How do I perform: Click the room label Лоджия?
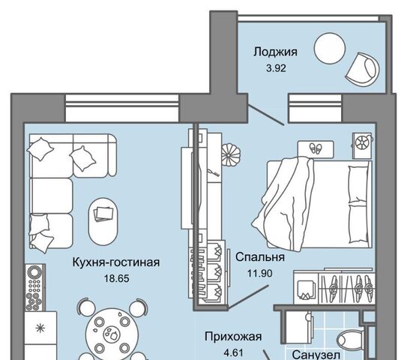(x=275, y=52)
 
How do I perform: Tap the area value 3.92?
(x=276, y=68)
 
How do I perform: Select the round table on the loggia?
(x=330, y=48)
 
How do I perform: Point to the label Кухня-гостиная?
(x=116, y=262)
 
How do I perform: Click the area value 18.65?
(x=116, y=279)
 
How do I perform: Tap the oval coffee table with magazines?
(x=103, y=220)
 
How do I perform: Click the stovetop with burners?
(x=34, y=287)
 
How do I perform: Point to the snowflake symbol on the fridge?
(x=40, y=328)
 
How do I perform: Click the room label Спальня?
(x=260, y=257)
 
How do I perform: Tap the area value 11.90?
(x=260, y=273)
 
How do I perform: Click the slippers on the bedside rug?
(x=316, y=148)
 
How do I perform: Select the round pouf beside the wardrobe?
(x=231, y=155)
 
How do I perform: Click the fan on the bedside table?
(x=362, y=142)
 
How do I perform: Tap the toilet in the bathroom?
(x=351, y=340)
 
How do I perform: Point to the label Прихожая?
(x=233, y=337)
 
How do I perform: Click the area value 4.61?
(x=233, y=352)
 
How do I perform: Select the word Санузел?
(x=316, y=355)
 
